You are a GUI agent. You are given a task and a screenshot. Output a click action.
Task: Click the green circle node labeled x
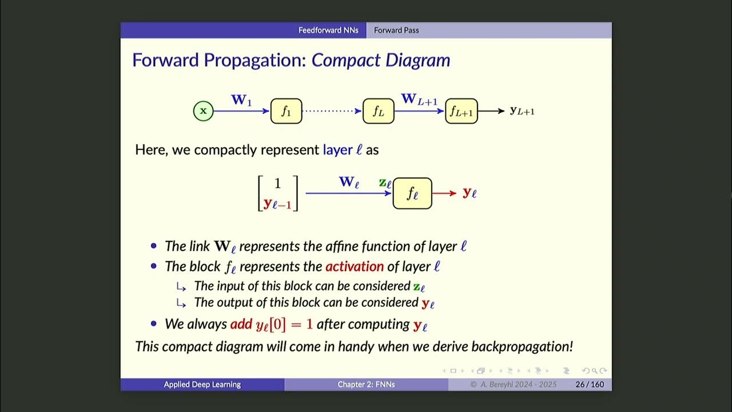(x=203, y=110)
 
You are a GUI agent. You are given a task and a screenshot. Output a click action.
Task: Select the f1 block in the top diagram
(x=286, y=111)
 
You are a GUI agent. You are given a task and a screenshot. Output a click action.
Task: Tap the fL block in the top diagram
(x=378, y=111)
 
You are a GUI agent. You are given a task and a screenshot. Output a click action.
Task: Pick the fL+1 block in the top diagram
(x=461, y=111)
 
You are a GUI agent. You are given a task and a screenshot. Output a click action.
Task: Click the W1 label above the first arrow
(x=241, y=100)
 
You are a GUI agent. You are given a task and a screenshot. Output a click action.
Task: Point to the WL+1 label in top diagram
(x=419, y=100)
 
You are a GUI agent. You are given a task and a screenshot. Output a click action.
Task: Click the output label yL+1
(x=522, y=111)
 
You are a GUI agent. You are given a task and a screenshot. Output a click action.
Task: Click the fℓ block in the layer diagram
(x=412, y=193)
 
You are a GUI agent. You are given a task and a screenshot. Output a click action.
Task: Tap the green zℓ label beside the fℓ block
(x=385, y=183)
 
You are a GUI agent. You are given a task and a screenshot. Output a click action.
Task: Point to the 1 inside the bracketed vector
(x=277, y=184)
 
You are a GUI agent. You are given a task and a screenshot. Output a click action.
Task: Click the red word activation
(x=355, y=267)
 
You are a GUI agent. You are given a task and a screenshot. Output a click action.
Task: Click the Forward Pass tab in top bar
(x=396, y=30)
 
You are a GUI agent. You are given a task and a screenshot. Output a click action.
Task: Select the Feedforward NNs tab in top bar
(x=328, y=30)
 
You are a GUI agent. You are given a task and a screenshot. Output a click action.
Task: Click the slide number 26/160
(x=590, y=385)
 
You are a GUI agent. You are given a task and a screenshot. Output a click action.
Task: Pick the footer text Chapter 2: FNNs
(x=366, y=385)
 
